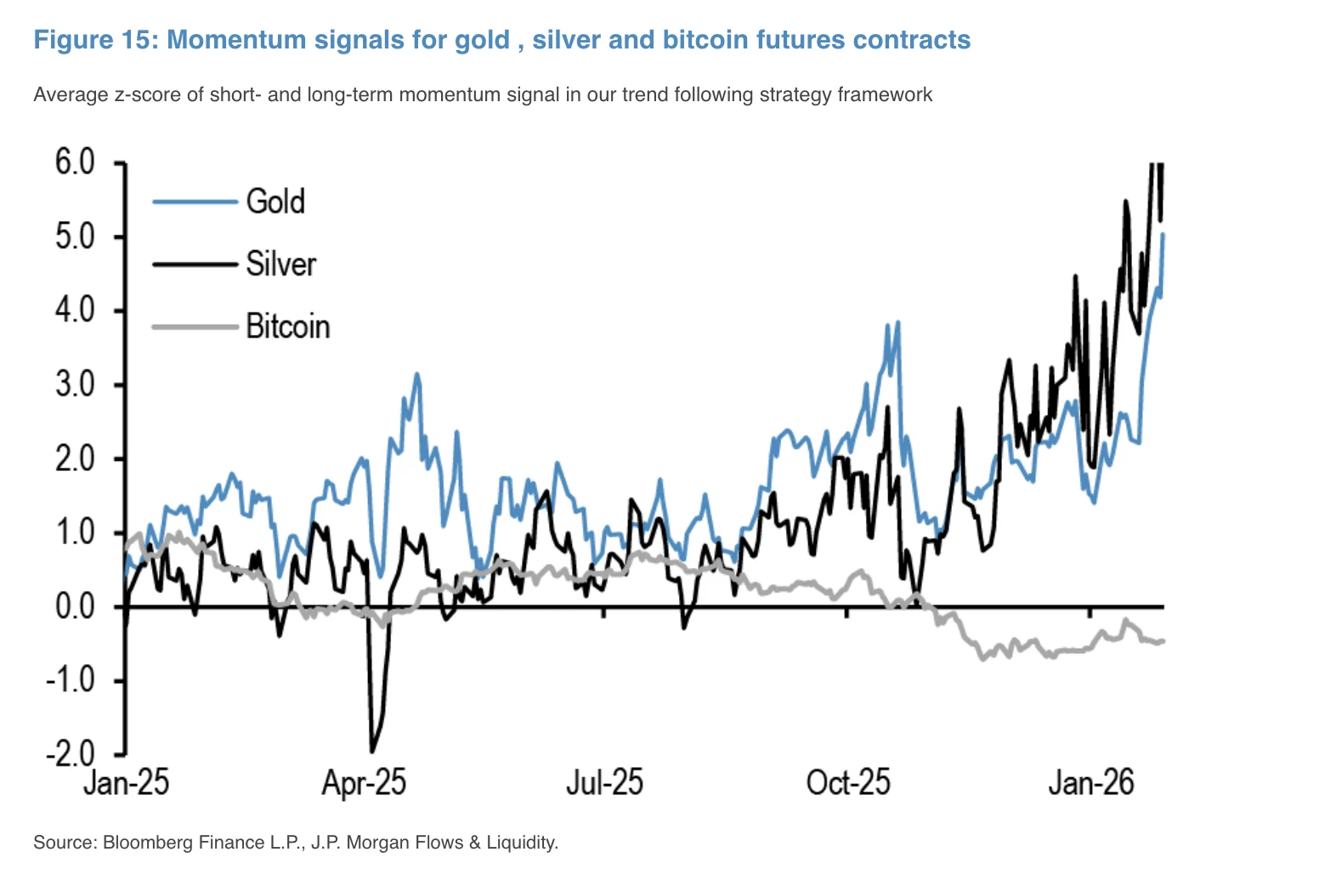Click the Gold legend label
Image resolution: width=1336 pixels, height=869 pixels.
[x=275, y=202]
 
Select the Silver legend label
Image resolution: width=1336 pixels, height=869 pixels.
[x=280, y=264]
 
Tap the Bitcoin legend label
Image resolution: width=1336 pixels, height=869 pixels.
[x=287, y=327]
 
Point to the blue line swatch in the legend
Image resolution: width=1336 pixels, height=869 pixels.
[x=195, y=202]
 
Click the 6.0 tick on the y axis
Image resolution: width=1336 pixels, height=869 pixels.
[x=75, y=162]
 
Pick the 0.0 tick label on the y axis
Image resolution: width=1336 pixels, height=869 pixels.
[x=75, y=606]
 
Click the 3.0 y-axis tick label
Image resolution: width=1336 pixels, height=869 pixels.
[x=75, y=384]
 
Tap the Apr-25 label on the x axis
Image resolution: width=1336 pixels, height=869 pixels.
[x=364, y=782]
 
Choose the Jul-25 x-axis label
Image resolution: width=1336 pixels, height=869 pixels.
[x=604, y=782]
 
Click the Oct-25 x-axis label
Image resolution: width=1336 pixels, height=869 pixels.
[x=847, y=782]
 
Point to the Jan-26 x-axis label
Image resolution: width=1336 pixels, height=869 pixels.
[x=1090, y=782]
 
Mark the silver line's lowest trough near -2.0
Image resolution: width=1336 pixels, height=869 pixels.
[x=371, y=751]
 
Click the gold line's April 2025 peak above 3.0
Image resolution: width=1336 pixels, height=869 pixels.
[x=416, y=373]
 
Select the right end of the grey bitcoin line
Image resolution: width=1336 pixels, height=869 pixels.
[x=1162, y=640]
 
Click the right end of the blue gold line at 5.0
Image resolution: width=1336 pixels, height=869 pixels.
[x=1162, y=236]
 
